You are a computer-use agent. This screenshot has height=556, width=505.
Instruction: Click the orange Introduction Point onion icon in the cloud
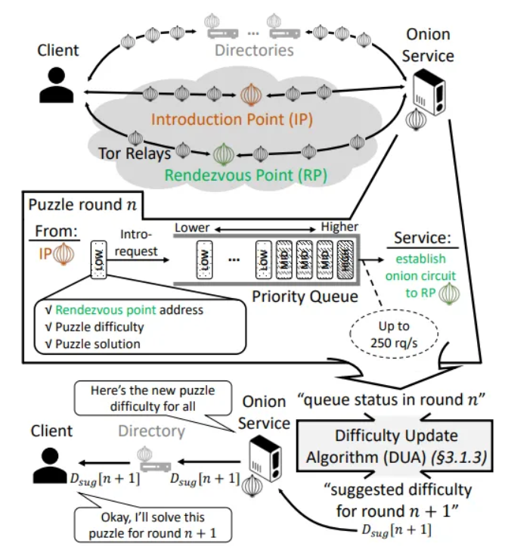tap(249, 95)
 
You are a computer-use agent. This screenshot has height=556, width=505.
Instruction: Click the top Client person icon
tap(57, 85)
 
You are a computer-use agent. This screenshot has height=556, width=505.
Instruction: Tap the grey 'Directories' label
tap(253, 51)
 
